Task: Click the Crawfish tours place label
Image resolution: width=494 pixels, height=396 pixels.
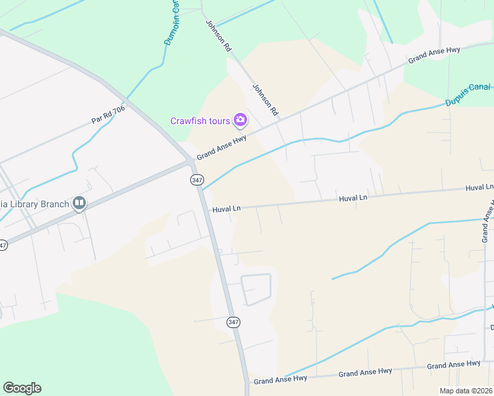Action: click(x=199, y=121)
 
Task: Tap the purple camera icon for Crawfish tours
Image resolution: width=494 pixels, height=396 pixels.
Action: click(x=240, y=120)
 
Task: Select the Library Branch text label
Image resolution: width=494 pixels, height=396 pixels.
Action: click(x=34, y=203)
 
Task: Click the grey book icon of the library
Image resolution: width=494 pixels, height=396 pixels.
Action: click(x=79, y=203)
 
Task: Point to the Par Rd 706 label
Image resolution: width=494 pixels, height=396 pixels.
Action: click(x=108, y=115)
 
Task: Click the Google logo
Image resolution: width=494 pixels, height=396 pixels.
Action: click(x=22, y=388)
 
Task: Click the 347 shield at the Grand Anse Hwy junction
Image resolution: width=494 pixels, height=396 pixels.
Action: click(x=196, y=180)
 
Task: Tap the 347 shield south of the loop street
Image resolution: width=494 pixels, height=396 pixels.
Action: click(x=232, y=322)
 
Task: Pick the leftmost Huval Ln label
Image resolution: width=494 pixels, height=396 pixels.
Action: click(x=226, y=209)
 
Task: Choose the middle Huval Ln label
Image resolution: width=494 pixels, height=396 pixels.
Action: click(x=353, y=198)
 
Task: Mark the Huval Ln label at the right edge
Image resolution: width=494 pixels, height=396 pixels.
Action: click(x=479, y=188)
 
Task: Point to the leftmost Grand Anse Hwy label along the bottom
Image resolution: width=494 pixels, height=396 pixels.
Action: click(x=281, y=380)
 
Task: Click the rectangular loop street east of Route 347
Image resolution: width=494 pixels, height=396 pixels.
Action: click(x=256, y=290)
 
